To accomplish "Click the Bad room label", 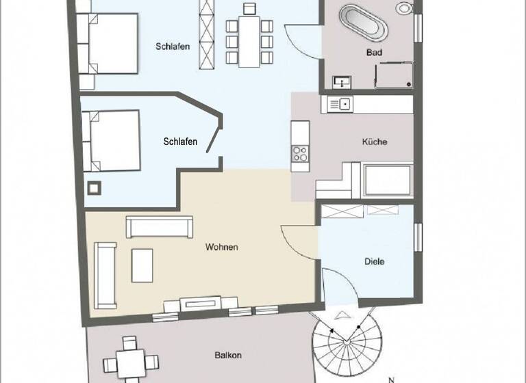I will [x=374, y=52].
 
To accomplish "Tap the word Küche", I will [x=375, y=142].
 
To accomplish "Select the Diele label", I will [x=374, y=261].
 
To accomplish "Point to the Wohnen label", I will [x=221, y=247].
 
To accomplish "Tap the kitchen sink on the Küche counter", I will [x=340, y=104].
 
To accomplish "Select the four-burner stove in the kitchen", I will [x=300, y=155].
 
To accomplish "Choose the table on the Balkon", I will [x=130, y=360].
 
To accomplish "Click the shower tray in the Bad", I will [x=392, y=74].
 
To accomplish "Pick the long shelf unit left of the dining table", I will [x=205, y=34].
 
